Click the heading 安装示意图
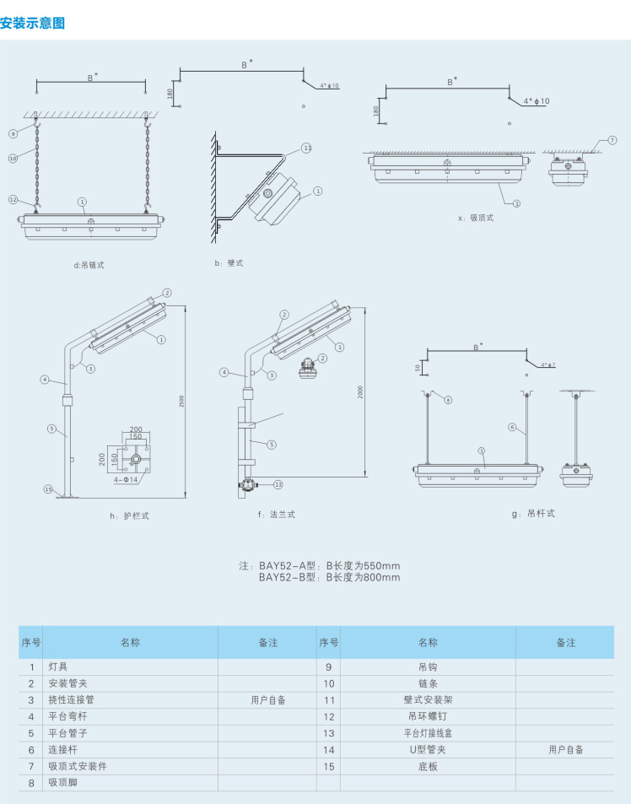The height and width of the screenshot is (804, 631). point(33,24)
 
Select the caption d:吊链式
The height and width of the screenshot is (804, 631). point(89,264)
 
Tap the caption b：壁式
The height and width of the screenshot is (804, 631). point(229,263)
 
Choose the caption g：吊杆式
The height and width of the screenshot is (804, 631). point(533,512)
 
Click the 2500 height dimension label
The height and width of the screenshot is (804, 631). point(182,402)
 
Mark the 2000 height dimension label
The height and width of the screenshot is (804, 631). point(360,392)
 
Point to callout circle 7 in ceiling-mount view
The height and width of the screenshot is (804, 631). point(612,140)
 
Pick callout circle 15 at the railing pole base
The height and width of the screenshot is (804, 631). point(47,488)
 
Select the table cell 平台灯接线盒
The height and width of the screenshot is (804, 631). point(428,733)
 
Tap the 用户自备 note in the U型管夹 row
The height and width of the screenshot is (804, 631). point(565,749)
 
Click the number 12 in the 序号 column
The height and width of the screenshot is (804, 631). point(329,716)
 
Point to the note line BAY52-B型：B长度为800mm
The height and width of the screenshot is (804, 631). point(329,578)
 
